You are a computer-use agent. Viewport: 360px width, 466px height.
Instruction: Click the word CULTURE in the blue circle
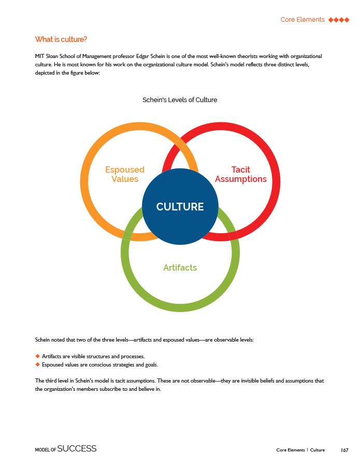click(x=180, y=207)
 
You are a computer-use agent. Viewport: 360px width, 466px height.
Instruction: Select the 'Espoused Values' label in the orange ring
click(x=125, y=174)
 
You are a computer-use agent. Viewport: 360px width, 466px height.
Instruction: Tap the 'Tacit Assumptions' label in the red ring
click(x=240, y=174)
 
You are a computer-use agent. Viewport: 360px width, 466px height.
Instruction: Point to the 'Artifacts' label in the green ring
click(x=180, y=267)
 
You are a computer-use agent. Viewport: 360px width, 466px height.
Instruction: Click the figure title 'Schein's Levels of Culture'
click(x=180, y=100)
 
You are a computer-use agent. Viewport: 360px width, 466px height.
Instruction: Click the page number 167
click(x=344, y=449)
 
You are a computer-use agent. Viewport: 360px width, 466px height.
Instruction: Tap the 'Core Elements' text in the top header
click(x=303, y=20)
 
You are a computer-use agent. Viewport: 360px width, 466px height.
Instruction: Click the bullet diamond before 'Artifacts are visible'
click(x=37, y=356)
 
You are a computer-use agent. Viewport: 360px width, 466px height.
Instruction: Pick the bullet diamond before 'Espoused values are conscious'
click(x=37, y=364)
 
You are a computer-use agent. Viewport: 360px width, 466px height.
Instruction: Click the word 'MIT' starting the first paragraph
click(x=40, y=55)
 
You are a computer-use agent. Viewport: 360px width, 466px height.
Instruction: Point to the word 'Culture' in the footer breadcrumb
click(x=318, y=449)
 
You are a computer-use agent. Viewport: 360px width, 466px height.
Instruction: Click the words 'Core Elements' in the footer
click(x=290, y=449)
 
